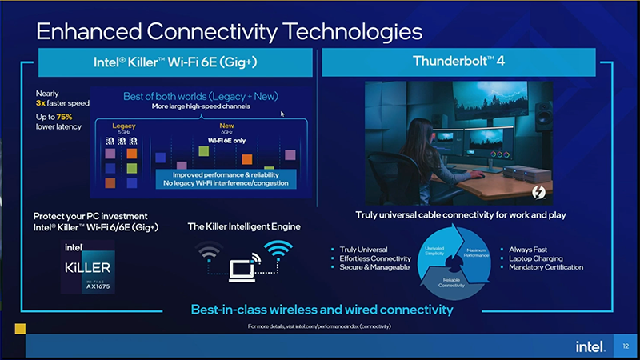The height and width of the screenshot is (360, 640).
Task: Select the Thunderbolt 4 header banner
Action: click(458, 62)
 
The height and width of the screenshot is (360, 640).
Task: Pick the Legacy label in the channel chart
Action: click(124, 126)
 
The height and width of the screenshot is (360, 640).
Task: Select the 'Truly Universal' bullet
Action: click(364, 250)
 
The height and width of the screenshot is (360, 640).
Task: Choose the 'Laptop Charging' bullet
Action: click(536, 258)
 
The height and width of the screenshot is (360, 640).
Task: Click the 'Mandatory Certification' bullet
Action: click(546, 267)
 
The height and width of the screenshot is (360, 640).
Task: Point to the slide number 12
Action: click(626, 346)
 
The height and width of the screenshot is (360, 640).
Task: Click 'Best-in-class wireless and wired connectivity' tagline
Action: click(322, 310)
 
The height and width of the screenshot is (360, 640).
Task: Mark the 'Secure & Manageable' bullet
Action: click(374, 267)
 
